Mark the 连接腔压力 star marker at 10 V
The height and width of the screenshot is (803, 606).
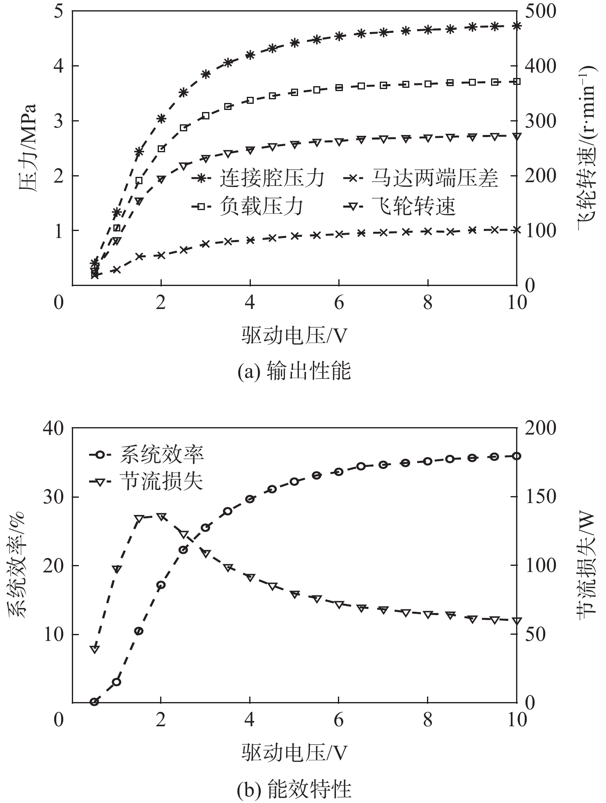[516, 26]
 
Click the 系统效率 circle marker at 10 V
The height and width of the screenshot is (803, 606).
[516, 456]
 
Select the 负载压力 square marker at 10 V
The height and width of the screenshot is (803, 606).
[516, 82]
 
